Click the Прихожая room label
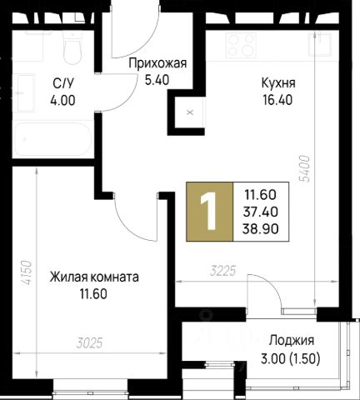pos(157,63)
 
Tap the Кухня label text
pos(278,83)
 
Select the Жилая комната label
pos(94,277)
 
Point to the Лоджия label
pos(292,340)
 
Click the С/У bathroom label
pos(63,83)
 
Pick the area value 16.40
pos(277,100)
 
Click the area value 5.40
pos(157,80)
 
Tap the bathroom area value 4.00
pos(62,100)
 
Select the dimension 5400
pos(305,168)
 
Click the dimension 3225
pos(223,271)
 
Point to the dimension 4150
pos(27,272)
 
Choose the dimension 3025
pos(90,343)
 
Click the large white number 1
pos(208,212)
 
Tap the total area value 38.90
pos(260,229)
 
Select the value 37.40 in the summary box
pos(260,212)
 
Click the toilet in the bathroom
pos(72,47)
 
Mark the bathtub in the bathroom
pos(52,139)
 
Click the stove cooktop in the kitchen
pos(241,45)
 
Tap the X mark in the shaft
pos(190,112)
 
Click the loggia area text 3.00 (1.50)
pos(291,359)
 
